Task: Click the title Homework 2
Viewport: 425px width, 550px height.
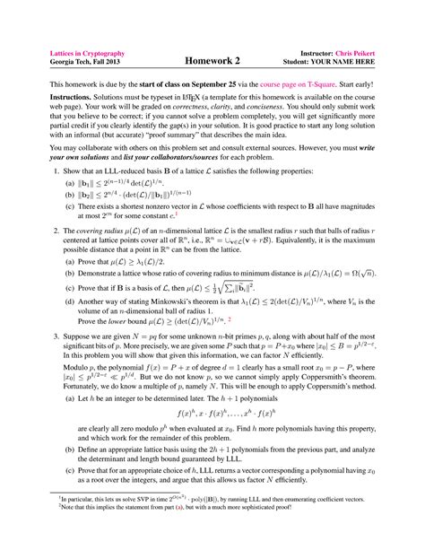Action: [212, 60]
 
